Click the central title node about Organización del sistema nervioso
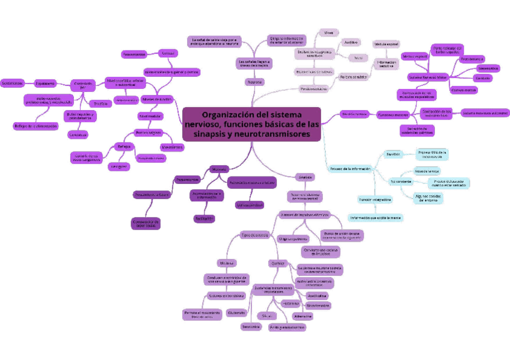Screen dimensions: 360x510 click(x=252, y=124)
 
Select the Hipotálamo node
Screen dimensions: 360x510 click(x=46, y=83)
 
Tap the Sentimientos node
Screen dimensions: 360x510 click(x=12, y=83)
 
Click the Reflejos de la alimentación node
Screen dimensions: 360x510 click(x=36, y=126)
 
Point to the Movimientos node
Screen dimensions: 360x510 click(x=172, y=147)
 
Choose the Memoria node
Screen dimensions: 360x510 click(x=219, y=169)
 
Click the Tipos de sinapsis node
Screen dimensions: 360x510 click(x=255, y=234)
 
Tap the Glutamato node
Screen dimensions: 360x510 click(x=236, y=313)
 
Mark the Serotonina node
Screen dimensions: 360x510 click(x=251, y=327)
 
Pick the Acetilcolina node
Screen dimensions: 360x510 click(x=317, y=296)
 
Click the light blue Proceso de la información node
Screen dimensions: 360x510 click(x=350, y=168)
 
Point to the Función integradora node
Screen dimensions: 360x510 click(x=375, y=199)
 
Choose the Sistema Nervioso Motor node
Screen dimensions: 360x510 click(x=428, y=77)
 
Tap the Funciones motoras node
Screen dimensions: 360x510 click(x=393, y=114)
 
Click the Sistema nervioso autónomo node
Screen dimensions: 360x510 click(x=485, y=112)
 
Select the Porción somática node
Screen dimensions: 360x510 click(x=353, y=77)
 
